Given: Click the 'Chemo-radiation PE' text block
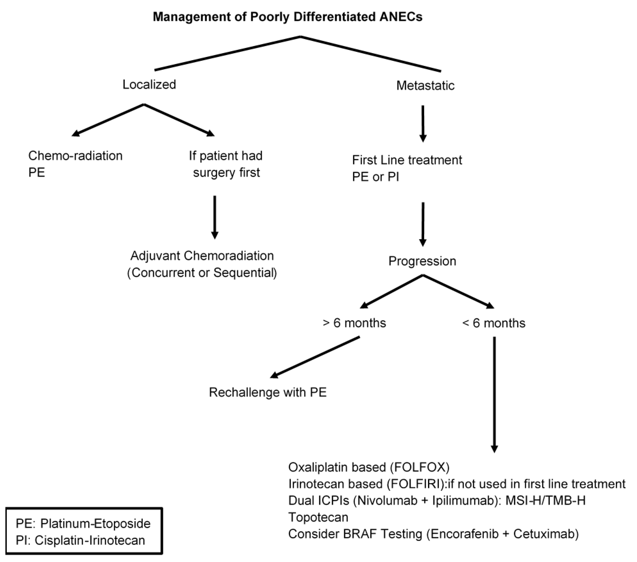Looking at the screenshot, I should [x=75, y=164].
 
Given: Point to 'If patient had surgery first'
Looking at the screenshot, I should [x=226, y=164].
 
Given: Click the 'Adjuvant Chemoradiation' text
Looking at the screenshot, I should [x=202, y=256].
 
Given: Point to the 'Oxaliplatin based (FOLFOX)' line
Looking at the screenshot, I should [x=369, y=467].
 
